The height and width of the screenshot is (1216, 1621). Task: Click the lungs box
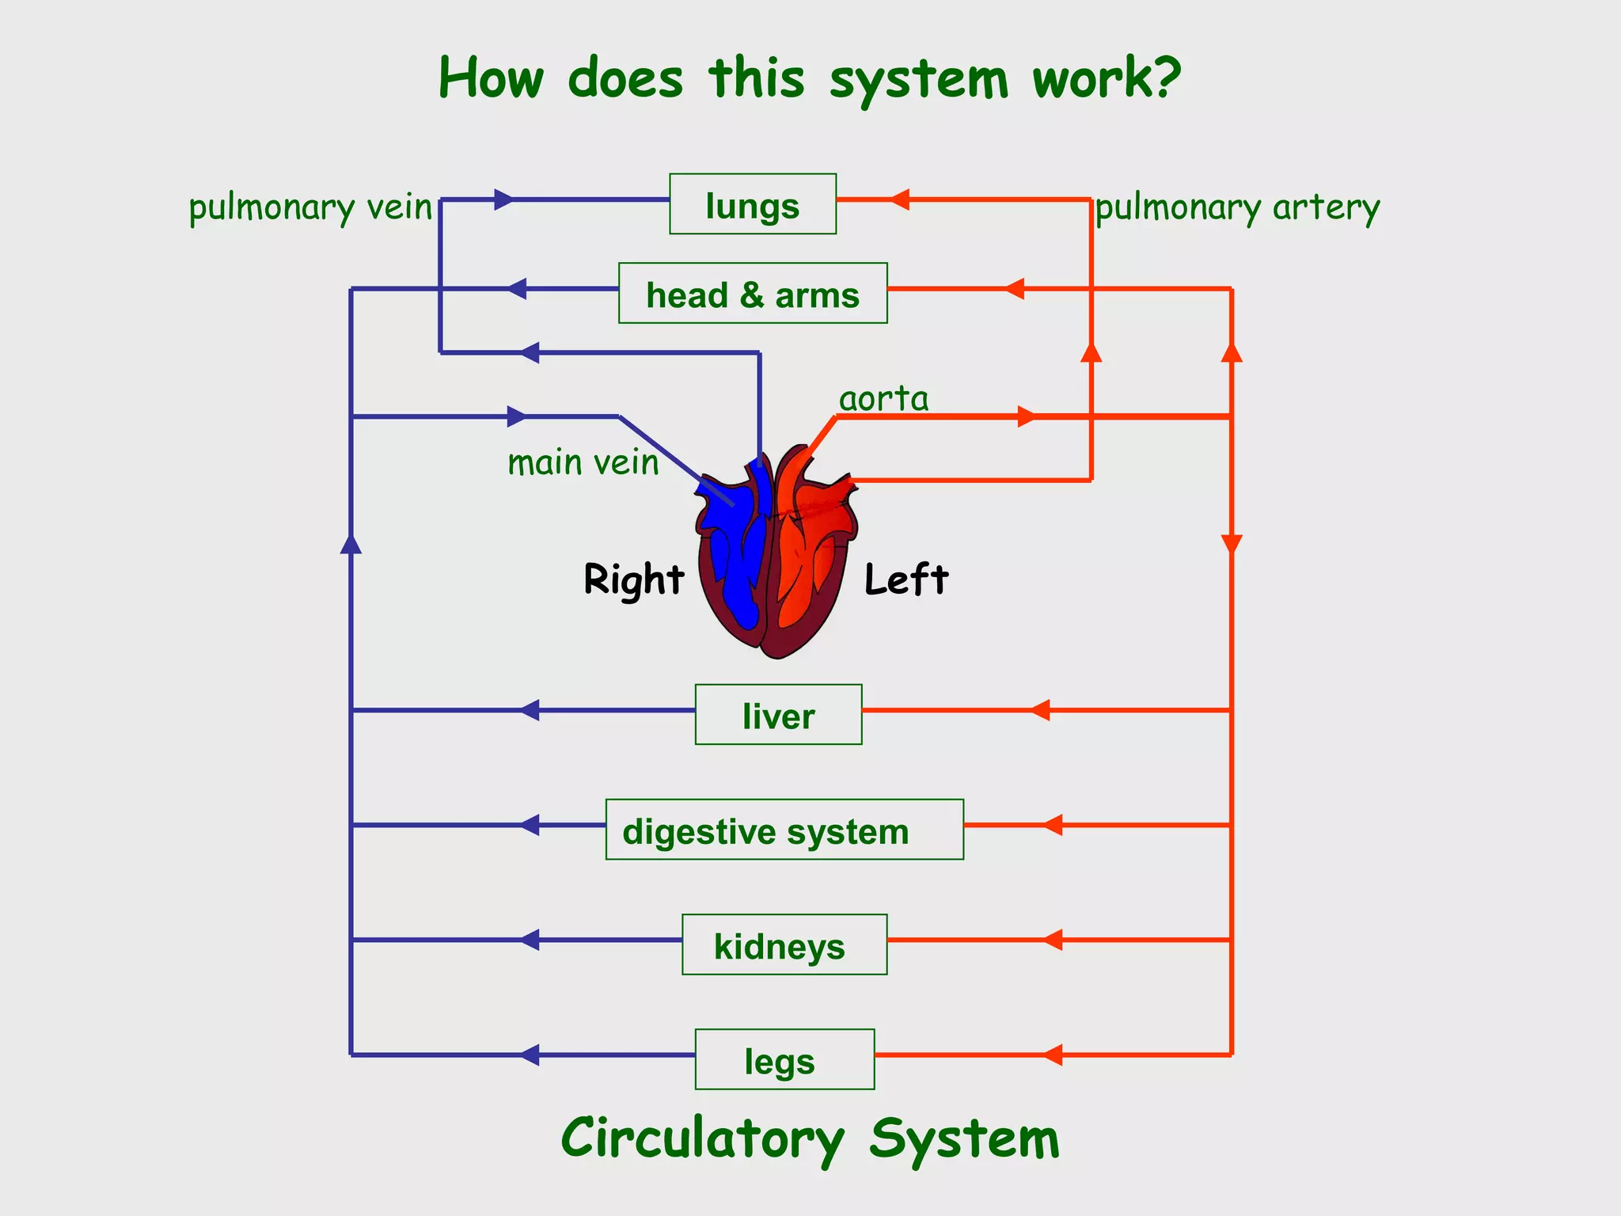[752, 204]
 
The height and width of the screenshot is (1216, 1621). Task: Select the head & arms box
[752, 294]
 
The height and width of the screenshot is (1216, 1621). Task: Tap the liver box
[778, 715]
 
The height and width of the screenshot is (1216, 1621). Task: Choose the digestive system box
[784, 830]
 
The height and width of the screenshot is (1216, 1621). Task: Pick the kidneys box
[784, 944]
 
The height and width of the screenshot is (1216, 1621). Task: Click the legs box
[784, 1059]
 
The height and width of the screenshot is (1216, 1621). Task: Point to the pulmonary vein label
[310, 208]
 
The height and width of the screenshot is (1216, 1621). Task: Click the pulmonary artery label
[1237, 208]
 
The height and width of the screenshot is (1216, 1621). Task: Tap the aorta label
[883, 398]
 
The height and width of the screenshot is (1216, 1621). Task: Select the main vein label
[583, 462]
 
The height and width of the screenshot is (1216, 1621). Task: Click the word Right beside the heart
[633, 579]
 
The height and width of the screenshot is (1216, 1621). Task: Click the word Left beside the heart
[905, 579]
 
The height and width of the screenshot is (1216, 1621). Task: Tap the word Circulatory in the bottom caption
[702, 1138]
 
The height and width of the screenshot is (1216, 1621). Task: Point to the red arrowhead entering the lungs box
[899, 199]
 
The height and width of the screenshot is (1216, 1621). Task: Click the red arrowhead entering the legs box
[1053, 1054]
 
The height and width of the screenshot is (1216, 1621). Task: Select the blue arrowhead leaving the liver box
[530, 710]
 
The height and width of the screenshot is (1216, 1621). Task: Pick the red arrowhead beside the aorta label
[1026, 416]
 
